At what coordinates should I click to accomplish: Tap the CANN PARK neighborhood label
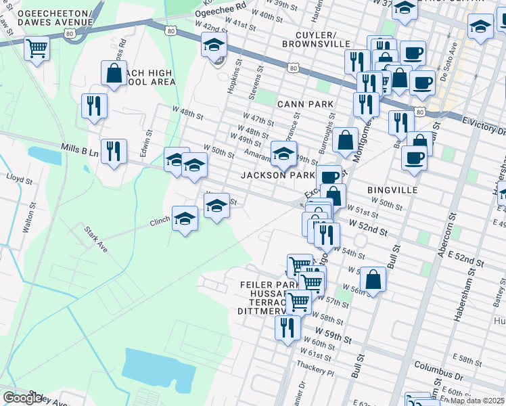pos(305,104)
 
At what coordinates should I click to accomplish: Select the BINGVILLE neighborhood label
pos(392,190)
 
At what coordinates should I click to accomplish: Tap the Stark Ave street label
pos(96,240)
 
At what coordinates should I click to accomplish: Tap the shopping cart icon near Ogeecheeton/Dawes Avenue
pos(37,47)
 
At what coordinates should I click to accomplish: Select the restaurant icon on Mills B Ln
pos(113,150)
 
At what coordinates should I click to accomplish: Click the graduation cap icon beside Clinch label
pos(184,218)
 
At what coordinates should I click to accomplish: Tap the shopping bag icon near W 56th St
pos(372,277)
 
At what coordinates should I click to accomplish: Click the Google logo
pos(22,398)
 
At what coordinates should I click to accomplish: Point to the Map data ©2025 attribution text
pos(477,401)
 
